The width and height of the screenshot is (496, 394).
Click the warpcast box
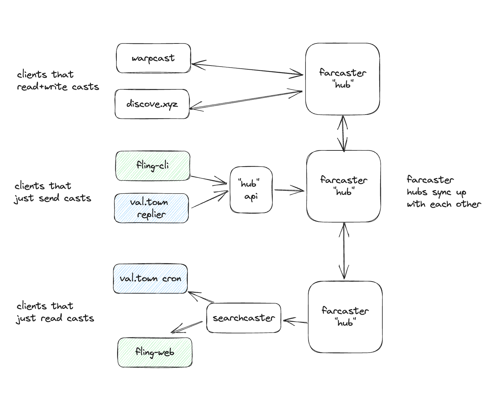153,58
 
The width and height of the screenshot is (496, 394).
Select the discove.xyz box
152,104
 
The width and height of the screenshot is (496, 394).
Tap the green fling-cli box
153,166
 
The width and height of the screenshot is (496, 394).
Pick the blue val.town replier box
151,208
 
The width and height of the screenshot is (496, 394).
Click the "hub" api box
251,190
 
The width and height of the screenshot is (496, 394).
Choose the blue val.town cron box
150,278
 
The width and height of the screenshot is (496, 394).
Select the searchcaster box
244,318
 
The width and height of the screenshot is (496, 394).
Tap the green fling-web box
155,352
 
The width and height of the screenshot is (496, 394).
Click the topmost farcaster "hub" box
342,79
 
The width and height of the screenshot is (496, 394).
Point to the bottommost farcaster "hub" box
345,317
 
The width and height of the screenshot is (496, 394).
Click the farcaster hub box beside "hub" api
343,186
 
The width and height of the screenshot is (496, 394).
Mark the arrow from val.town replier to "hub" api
209,199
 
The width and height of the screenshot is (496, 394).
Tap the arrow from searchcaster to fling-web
187,327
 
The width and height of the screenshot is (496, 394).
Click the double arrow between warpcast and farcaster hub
247,69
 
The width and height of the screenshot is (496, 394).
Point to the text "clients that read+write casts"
58,80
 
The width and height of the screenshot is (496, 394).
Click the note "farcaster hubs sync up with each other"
443,192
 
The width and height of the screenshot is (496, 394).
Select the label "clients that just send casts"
52,192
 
